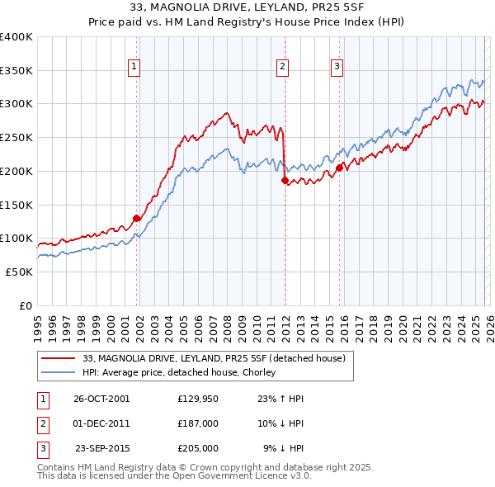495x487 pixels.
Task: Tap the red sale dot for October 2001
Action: click(x=137, y=219)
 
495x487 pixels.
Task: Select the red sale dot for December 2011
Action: click(x=285, y=180)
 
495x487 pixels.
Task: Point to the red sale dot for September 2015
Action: click(x=339, y=168)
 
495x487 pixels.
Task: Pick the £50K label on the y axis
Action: click(x=19, y=272)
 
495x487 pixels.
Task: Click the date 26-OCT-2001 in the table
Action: click(x=101, y=399)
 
